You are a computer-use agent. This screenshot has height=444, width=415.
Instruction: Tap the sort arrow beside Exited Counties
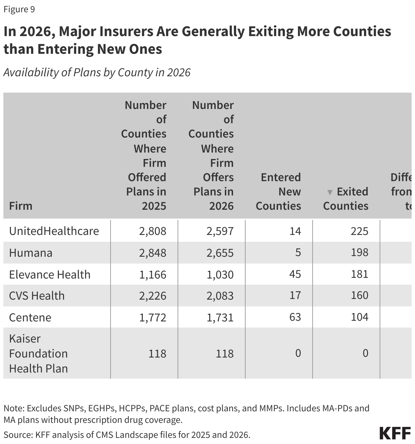coord(329,192)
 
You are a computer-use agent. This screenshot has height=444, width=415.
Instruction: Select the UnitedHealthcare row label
coord(54,231)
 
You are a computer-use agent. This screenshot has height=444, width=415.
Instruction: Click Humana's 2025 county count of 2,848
coord(152,253)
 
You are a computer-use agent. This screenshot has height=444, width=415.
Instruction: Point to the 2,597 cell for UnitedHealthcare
coord(220,231)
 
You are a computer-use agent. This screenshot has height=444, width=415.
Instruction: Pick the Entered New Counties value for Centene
coord(295,317)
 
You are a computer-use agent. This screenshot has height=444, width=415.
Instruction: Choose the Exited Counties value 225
coord(359,231)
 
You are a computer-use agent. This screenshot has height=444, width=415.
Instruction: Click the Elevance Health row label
coord(50,274)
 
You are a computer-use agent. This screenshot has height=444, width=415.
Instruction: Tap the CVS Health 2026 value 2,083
coord(220,296)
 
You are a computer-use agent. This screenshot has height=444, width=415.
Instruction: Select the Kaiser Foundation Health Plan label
coord(38,353)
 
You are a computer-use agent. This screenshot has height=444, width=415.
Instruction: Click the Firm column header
coord(20,206)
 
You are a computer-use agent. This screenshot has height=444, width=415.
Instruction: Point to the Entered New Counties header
coord(278,192)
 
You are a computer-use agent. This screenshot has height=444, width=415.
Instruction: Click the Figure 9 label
coord(19,9)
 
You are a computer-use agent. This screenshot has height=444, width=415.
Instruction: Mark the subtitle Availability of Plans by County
coord(97,73)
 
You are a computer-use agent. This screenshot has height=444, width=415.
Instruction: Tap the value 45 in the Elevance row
coord(295,274)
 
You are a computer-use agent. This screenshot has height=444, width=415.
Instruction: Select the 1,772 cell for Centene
coord(152,317)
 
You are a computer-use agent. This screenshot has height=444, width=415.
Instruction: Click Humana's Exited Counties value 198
coord(359,252)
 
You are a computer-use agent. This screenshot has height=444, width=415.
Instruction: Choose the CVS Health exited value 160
coord(359,295)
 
